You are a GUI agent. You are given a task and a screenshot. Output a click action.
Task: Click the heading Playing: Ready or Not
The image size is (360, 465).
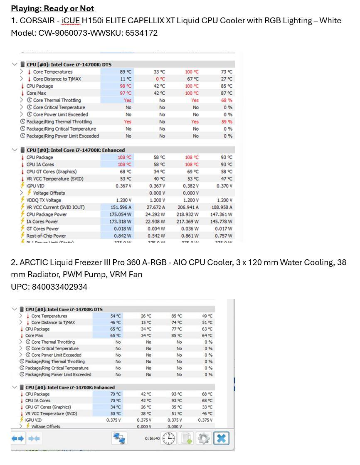pyautogui.click(x=52, y=8)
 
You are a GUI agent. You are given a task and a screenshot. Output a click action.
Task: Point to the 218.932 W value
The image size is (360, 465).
pyautogui.click(x=191, y=214)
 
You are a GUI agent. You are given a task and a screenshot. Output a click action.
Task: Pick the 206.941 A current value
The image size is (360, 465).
pyautogui.click(x=191, y=207)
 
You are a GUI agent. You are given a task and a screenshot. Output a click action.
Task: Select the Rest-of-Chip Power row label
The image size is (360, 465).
pyautogui.click(x=46, y=236)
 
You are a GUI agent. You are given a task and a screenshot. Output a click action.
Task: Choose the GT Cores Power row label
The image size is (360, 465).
pyautogui.click(x=43, y=229)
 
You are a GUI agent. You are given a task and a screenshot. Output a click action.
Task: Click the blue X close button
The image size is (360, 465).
pyautogui.click(x=222, y=438)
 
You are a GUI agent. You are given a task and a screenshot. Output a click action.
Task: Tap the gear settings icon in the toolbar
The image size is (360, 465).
pyautogui.click(x=203, y=438)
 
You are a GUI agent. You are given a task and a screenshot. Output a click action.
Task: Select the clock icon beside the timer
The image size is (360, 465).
pyautogui.click(x=169, y=438)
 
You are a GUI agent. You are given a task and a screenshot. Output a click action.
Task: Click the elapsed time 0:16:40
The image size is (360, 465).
pyautogui.click(x=152, y=438)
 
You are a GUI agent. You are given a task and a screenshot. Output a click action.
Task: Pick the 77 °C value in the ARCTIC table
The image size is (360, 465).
pyautogui.click(x=177, y=329)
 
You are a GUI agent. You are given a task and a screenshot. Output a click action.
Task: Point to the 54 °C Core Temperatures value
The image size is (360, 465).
pyautogui.click(x=116, y=316)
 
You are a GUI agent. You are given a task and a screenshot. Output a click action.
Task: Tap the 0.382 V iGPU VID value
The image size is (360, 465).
pyautogui.click(x=191, y=186)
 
